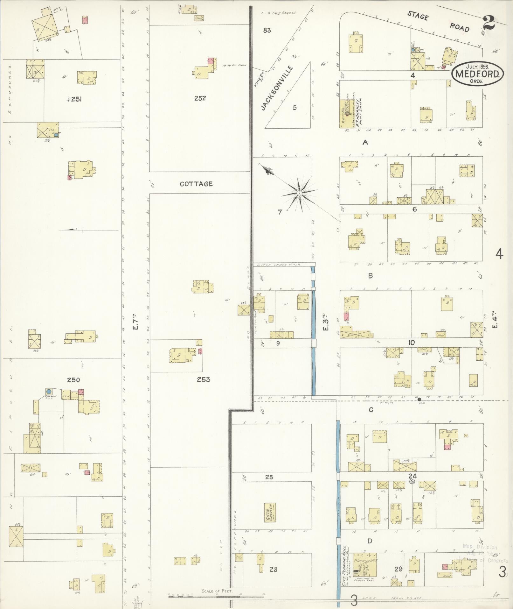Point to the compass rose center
point(299,193)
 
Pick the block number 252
point(200,98)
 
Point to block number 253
point(203,379)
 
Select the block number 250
point(73,379)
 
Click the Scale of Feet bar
point(216,594)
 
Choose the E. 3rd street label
point(325,322)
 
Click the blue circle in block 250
point(49,391)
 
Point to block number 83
point(267,31)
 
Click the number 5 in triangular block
point(295,107)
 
